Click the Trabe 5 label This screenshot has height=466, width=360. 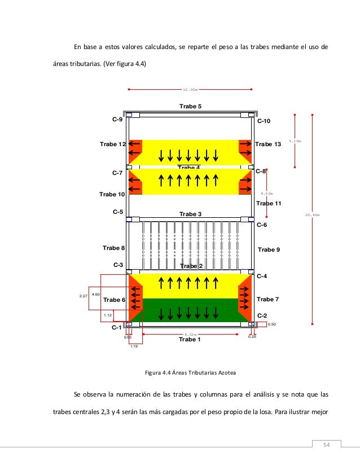[x=190, y=106]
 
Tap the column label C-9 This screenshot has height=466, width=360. [x=117, y=120]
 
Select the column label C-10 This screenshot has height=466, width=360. [x=264, y=121]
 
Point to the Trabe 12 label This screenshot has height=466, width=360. [x=112, y=144]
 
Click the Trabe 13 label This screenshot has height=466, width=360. [x=267, y=144]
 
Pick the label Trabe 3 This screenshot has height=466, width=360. [x=190, y=214]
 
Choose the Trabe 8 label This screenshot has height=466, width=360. [x=113, y=248]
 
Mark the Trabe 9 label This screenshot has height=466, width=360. [x=269, y=249]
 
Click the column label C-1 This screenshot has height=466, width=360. [x=117, y=327]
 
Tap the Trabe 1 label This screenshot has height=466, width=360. [x=190, y=340]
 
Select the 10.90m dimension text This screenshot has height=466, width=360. [x=190, y=89]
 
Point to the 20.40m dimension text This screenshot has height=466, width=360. [x=313, y=215]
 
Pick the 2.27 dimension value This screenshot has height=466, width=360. [x=83, y=296]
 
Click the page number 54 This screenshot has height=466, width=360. [x=326, y=446]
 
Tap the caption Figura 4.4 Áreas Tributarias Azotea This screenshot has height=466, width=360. [x=190, y=372]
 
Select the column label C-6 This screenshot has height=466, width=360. [x=262, y=225]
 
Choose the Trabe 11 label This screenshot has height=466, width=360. [x=269, y=203]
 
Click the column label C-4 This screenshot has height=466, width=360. [x=262, y=276]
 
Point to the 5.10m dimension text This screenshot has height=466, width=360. [x=295, y=141]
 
